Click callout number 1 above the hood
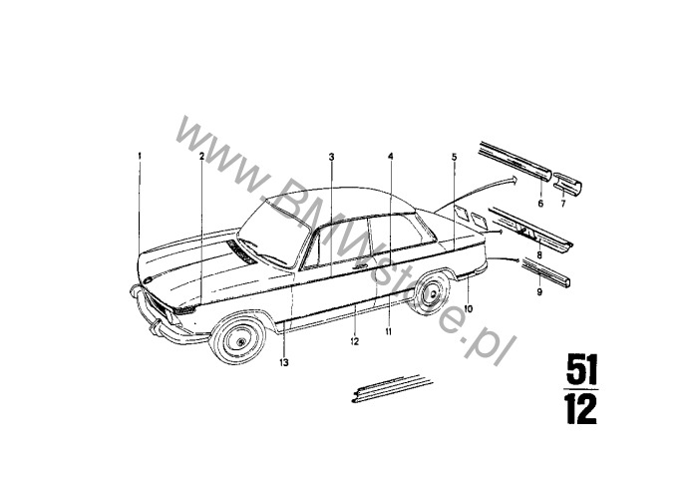pos(140,156)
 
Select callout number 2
pos(201,156)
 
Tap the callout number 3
pos(331,157)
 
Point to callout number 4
pos(391,156)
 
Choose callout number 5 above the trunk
pos(454,157)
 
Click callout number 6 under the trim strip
pos(540,204)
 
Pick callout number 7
pos(562,204)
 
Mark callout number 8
pos(539,254)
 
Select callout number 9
pos(539,291)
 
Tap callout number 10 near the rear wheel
pos(468,309)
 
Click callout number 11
pos(388,332)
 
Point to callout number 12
pos(354,342)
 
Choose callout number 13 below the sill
pos(284,362)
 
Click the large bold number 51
pos(582,369)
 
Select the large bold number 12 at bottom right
pos(580,409)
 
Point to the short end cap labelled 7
pos(568,184)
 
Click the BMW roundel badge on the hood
pos(148,280)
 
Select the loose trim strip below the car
pos(392,388)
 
